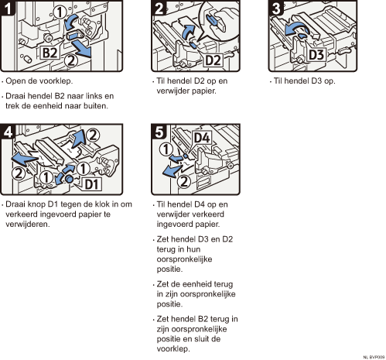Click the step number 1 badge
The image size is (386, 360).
click(8, 8)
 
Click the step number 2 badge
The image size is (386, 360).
click(159, 8)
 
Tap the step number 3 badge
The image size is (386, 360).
click(276, 8)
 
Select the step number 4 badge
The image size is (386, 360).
click(8, 132)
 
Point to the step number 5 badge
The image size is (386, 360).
click(159, 132)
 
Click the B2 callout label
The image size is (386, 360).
click(50, 53)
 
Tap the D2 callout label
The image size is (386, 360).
click(213, 60)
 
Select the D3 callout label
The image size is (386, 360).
click(316, 55)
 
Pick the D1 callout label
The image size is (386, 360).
click(92, 184)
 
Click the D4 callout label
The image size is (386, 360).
click(202, 138)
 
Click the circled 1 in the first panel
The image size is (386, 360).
click(60, 12)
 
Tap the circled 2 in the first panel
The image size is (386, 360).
click(70, 61)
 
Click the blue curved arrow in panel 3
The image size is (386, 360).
click(295, 28)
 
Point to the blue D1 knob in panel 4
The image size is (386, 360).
click(69, 178)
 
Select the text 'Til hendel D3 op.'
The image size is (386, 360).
click(304, 81)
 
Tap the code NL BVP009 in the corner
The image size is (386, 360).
click(374, 357)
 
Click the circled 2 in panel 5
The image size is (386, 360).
click(184, 182)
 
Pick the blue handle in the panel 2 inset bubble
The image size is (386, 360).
click(215, 21)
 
